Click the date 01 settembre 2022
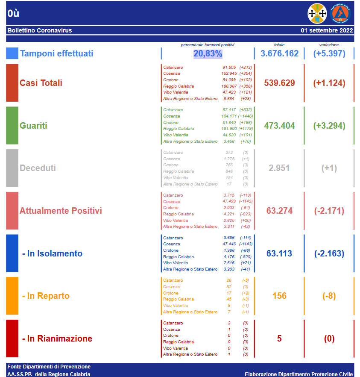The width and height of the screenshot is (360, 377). pyautogui.click(x=327, y=30)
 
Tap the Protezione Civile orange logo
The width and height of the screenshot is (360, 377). pyautogui.click(x=340, y=14)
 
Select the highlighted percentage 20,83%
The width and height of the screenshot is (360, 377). pyautogui.click(x=208, y=54)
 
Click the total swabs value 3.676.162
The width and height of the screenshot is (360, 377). pyautogui.click(x=279, y=54)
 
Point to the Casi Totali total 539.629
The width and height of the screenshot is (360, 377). pyautogui.click(x=279, y=83)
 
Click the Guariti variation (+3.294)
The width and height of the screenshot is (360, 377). pyautogui.click(x=329, y=126)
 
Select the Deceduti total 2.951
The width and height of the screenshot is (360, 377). pyautogui.click(x=279, y=168)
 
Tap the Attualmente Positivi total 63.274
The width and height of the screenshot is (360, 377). pyautogui.click(x=279, y=211)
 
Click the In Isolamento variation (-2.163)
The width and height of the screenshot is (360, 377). pyautogui.click(x=329, y=253)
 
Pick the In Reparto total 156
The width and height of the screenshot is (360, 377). pyautogui.click(x=279, y=296)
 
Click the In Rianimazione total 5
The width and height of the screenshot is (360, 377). pyautogui.click(x=279, y=339)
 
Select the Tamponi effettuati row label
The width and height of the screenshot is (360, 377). pyautogui.click(x=56, y=54)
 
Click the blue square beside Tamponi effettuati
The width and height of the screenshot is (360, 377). pyautogui.click(x=12, y=53)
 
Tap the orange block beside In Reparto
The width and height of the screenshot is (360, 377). pyautogui.click(x=12, y=296)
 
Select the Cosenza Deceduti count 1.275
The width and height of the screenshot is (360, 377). pyautogui.click(x=229, y=159)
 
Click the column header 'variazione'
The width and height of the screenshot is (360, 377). pyautogui.click(x=329, y=45)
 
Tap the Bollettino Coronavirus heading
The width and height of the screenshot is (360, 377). pyautogui.click(x=40, y=30)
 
